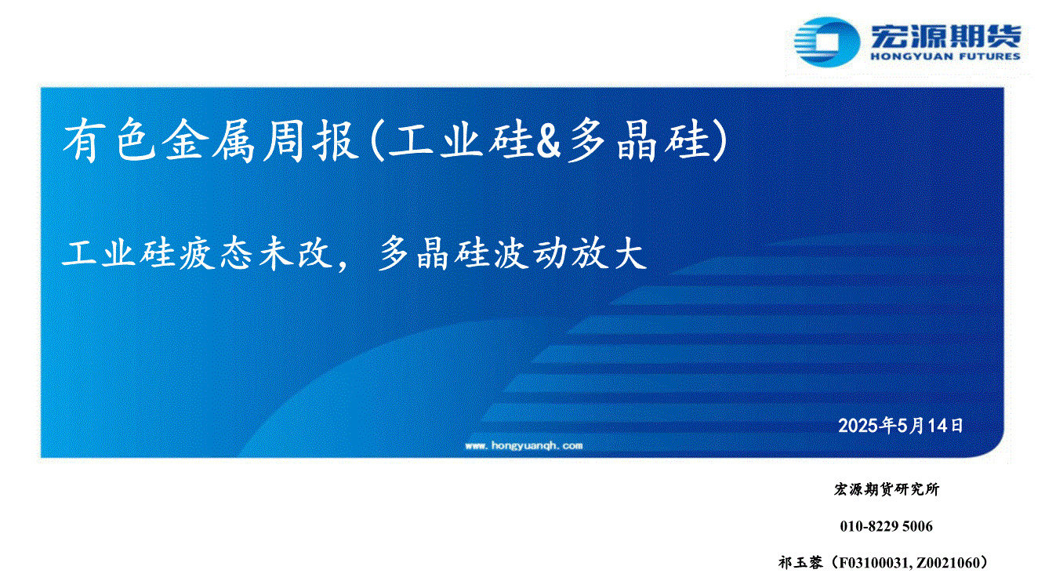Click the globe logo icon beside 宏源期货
[827, 42]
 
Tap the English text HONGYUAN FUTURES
[945, 56]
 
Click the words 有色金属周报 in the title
[210, 140]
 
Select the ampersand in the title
[548, 141]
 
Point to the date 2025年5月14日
[901, 426]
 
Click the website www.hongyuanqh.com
[524, 445]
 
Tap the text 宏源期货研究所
[887, 489]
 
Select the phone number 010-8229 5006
[887, 526]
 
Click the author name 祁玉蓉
[800, 563]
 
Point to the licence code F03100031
[873, 563]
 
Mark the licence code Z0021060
[948, 563]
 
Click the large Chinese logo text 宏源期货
[945, 36]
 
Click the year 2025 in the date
[858, 426]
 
